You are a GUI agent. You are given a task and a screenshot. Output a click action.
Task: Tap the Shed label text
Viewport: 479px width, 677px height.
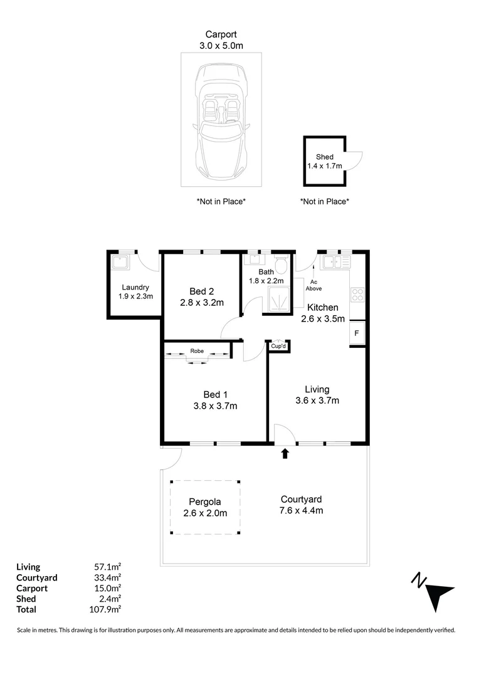[324, 157]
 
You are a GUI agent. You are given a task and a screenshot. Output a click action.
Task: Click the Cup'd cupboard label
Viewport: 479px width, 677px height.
[278, 346]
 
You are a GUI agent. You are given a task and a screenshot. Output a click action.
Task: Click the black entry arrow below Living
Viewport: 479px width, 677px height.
[285, 453]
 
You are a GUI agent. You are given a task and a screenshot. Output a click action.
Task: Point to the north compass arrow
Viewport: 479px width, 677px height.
[434, 591]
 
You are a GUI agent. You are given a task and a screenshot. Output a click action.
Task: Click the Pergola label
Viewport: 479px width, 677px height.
[205, 502]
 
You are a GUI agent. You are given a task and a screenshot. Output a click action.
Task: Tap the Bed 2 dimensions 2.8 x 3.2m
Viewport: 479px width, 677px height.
[202, 302]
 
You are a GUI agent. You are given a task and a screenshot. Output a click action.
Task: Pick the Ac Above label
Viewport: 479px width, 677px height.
[314, 285]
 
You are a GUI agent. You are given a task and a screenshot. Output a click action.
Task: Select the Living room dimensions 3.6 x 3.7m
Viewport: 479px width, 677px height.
[317, 401]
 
